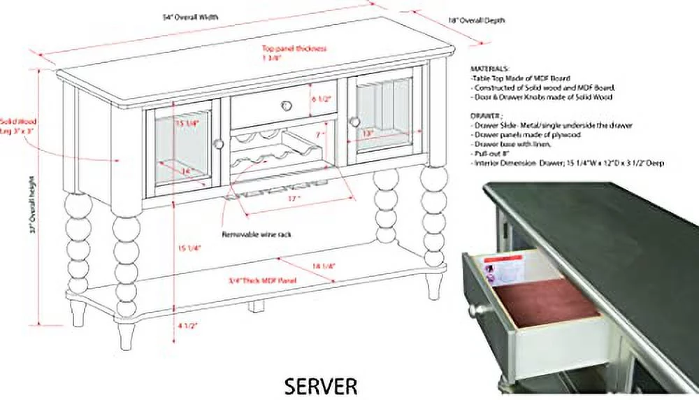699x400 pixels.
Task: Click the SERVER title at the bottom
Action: pos(321,385)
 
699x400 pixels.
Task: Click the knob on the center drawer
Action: pos(285,106)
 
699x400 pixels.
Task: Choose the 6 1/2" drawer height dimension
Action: pos(321,99)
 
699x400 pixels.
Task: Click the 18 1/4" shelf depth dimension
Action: pos(325,266)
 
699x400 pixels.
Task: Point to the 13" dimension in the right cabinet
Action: pos(368,132)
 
